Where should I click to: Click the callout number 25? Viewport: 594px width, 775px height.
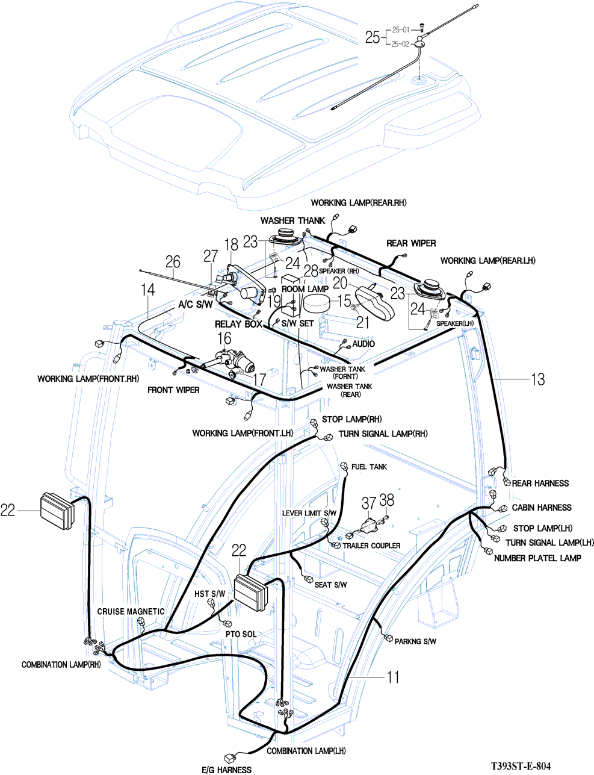point(372,37)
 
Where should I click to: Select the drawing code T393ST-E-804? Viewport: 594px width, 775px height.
point(520,766)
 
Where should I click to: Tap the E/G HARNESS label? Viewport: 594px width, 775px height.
point(226,770)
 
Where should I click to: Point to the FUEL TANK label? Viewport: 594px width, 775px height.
point(369,467)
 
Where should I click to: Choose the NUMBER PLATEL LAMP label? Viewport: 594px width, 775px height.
point(537,558)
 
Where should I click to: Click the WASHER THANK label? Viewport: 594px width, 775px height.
point(292,220)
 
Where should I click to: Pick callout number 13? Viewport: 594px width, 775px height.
point(537,379)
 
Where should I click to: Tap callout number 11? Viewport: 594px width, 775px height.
point(392,677)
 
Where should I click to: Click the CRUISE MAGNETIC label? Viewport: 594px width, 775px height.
point(131,611)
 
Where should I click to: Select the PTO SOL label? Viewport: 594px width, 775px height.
point(241,634)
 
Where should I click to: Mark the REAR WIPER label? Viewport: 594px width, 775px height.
point(411,243)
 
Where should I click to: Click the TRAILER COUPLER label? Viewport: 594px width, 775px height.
point(371,546)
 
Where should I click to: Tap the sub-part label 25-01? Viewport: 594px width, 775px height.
point(400,29)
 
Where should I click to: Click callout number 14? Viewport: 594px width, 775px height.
point(148,290)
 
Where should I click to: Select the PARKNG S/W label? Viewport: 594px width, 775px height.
point(415,641)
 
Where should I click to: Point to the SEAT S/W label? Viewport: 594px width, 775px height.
point(331,585)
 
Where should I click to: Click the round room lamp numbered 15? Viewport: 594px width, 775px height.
point(317,303)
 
